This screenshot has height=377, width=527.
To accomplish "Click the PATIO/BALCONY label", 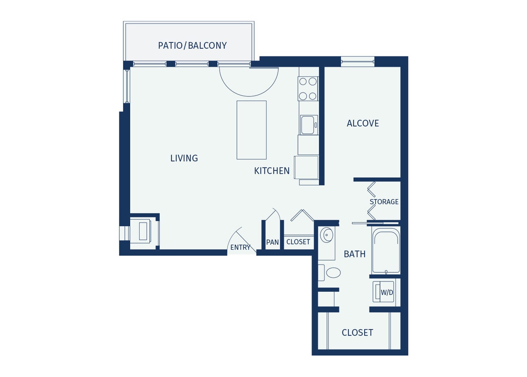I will pyautogui.click(x=192, y=46).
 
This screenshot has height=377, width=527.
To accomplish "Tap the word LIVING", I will pyautogui.click(x=184, y=158).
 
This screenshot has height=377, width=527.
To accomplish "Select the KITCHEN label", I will pyautogui.click(x=272, y=171).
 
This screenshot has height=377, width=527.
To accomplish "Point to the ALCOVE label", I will pyautogui.click(x=362, y=123).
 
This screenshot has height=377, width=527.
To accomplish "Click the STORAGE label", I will pyautogui.click(x=384, y=202).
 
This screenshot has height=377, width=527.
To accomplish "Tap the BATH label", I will pyautogui.click(x=354, y=254).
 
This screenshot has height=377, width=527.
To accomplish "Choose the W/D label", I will pyautogui.click(x=387, y=293).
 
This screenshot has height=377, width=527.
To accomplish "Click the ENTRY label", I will pyautogui.click(x=240, y=247).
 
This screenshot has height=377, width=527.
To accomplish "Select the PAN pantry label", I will pyautogui.click(x=272, y=242).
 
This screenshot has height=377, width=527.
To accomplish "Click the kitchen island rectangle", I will pyautogui.click(x=251, y=130).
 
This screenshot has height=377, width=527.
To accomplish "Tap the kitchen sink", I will pyautogui.click(x=308, y=125).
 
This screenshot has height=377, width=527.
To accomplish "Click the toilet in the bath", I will pyautogui.click(x=332, y=272).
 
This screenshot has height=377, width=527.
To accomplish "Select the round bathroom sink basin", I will pyautogui.click(x=327, y=234).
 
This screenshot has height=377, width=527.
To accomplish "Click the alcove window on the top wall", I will pyautogui.click(x=357, y=62).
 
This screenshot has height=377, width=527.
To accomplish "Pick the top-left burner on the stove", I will pyautogui.click(x=303, y=81).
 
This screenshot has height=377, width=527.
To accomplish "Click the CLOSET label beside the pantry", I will pyautogui.click(x=298, y=242).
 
